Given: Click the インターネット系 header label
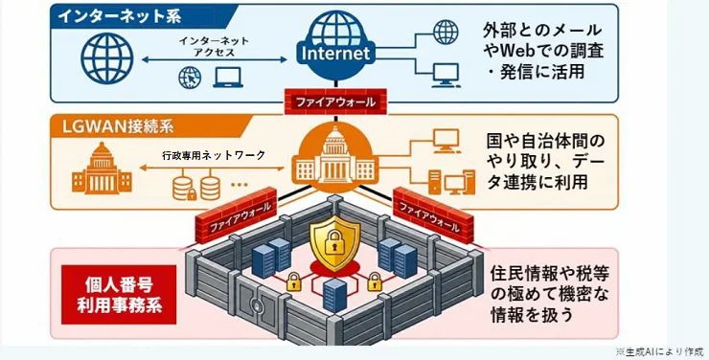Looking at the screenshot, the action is [x=120, y=16].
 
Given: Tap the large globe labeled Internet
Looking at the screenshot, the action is [x=335, y=44].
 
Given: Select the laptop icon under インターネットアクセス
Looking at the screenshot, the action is [x=228, y=78].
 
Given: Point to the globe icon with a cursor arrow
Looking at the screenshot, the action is [x=190, y=78].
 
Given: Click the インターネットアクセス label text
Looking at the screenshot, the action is [x=214, y=47].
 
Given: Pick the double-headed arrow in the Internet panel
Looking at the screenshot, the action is [x=215, y=59].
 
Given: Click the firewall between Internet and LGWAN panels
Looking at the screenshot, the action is [x=335, y=102].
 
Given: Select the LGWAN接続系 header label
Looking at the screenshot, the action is [x=118, y=126].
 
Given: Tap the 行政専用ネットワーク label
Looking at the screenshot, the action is [x=214, y=155].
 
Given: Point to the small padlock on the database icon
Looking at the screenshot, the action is [x=192, y=194].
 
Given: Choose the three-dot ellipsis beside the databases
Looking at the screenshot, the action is [x=240, y=184].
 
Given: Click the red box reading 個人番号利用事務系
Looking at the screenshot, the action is [x=119, y=295].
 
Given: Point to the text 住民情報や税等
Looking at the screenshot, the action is [x=549, y=274].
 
